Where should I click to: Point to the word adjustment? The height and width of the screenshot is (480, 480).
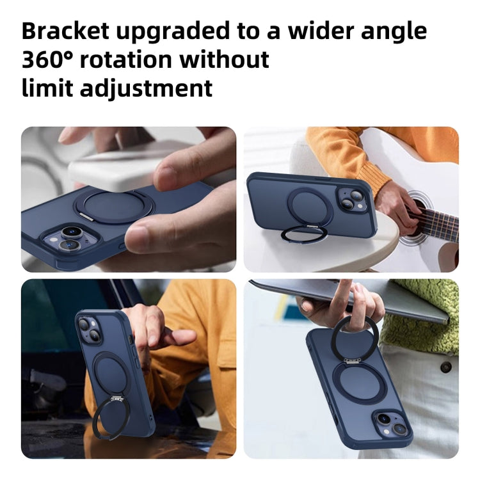[x=146, y=88]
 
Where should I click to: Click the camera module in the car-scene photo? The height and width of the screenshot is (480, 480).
[x=87, y=330]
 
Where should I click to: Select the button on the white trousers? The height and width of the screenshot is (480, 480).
[x=445, y=367]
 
